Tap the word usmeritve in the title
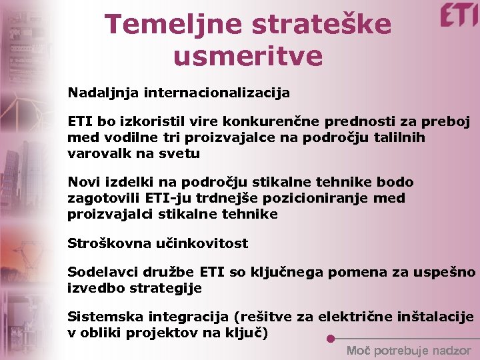[x=247, y=56]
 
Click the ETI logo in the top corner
[x=459, y=15]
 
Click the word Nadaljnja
[x=102, y=93]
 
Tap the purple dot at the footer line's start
[x=331, y=338]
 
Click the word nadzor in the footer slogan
[x=451, y=351]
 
